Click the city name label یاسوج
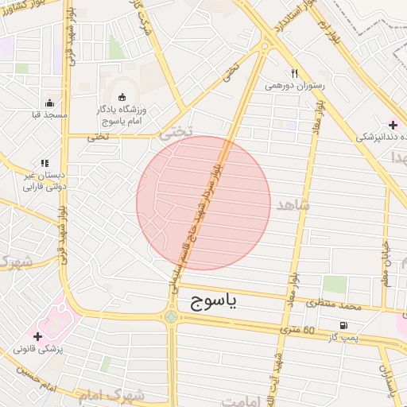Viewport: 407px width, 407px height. click(x=214, y=301)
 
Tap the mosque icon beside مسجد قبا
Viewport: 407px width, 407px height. click(x=50, y=103)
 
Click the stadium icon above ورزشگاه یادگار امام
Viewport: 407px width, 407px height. click(x=122, y=95)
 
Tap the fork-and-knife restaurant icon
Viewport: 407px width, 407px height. click(x=294, y=72)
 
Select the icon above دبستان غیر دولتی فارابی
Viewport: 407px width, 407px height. click(x=45, y=163)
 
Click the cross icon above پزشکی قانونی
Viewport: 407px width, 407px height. click(x=37, y=336)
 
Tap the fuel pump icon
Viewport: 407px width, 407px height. click(x=343, y=324)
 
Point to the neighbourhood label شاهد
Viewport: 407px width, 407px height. click(x=291, y=206)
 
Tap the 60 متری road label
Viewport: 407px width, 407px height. click(x=298, y=329)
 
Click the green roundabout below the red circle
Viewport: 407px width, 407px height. click(x=171, y=317)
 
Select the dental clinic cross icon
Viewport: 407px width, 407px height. click(x=393, y=125)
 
